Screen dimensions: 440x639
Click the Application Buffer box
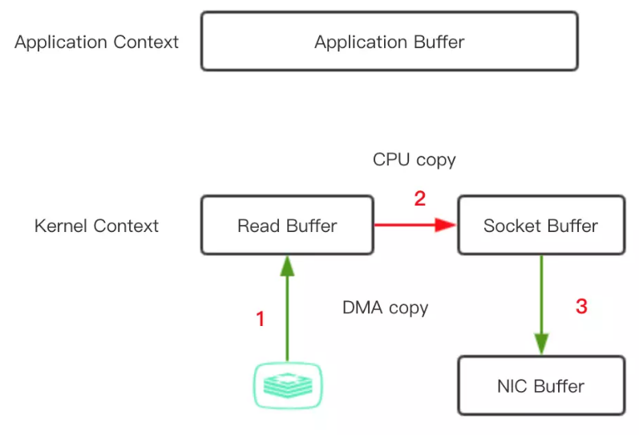click(389, 42)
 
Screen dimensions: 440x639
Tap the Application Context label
click(96, 43)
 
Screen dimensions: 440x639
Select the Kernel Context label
click(96, 226)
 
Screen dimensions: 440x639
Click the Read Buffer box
click(287, 226)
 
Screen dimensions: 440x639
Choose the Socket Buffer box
click(540, 226)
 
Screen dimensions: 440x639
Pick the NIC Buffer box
click(540, 386)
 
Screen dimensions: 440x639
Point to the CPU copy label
click(414, 160)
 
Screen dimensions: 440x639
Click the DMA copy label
click(385, 308)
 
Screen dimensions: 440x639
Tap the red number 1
click(260, 320)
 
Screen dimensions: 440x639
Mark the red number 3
click(581, 306)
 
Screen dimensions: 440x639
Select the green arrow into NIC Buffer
click(541, 306)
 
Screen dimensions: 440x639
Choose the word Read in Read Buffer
click(257, 226)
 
